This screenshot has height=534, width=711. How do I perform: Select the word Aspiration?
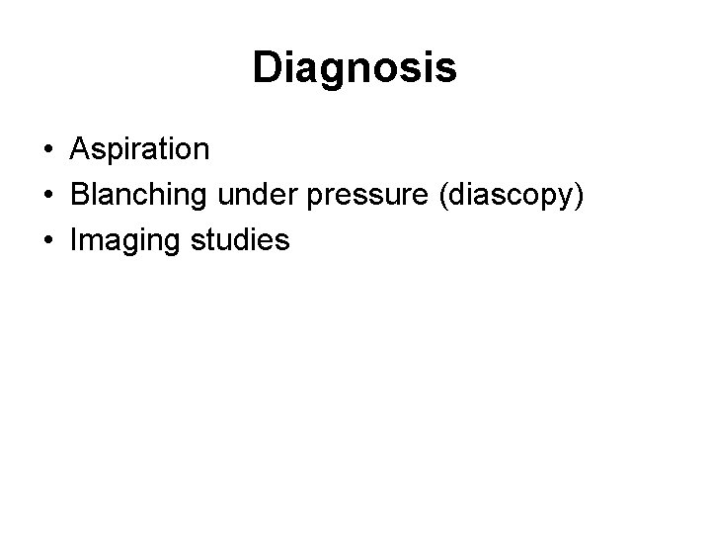coord(139,149)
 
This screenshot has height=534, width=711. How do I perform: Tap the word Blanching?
coord(132,195)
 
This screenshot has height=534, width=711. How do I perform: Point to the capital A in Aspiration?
coord(79,149)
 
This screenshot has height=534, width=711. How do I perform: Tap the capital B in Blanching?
coord(80,195)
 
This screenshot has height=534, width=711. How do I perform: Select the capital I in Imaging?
coord(73,240)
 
